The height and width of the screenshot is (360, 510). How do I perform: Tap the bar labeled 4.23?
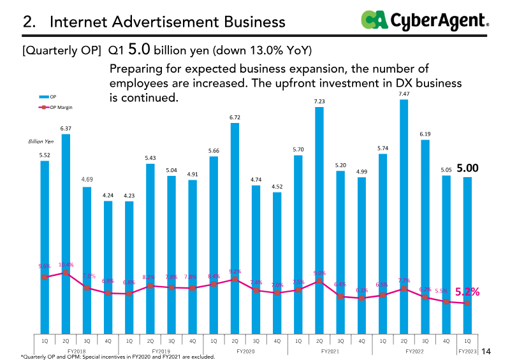point(129,268)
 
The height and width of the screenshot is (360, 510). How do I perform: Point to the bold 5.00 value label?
point(467,168)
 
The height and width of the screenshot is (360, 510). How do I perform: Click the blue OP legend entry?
point(50,96)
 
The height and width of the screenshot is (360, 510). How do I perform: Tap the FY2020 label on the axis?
point(245,351)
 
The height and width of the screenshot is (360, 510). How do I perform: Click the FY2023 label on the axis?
point(467,351)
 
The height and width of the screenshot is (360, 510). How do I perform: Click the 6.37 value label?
point(66,128)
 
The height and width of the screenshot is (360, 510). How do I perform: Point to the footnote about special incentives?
point(118,357)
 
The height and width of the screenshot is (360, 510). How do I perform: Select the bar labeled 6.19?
point(425,236)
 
